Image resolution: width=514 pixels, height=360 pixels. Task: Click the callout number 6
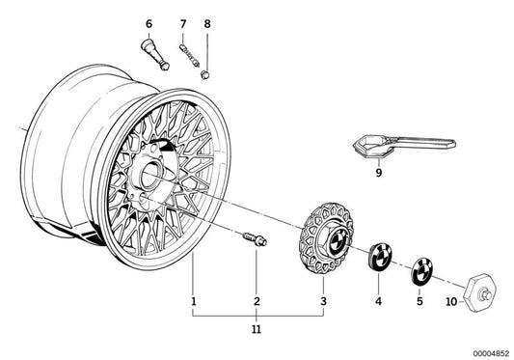(149, 22)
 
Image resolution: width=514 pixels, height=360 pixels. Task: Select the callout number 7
(183, 22)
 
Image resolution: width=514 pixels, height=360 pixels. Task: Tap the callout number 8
(205, 22)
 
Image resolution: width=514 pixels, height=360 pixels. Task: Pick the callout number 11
(257, 330)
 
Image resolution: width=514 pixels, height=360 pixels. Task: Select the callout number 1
(193, 302)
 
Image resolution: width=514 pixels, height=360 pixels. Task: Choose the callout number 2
(257, 302)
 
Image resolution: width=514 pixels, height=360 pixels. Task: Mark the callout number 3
(324, 302)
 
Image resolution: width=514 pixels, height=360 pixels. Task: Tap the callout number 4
(378, 302)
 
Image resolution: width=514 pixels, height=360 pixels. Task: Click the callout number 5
(419, 302)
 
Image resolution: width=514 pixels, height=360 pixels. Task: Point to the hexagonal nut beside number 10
(477, 289)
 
